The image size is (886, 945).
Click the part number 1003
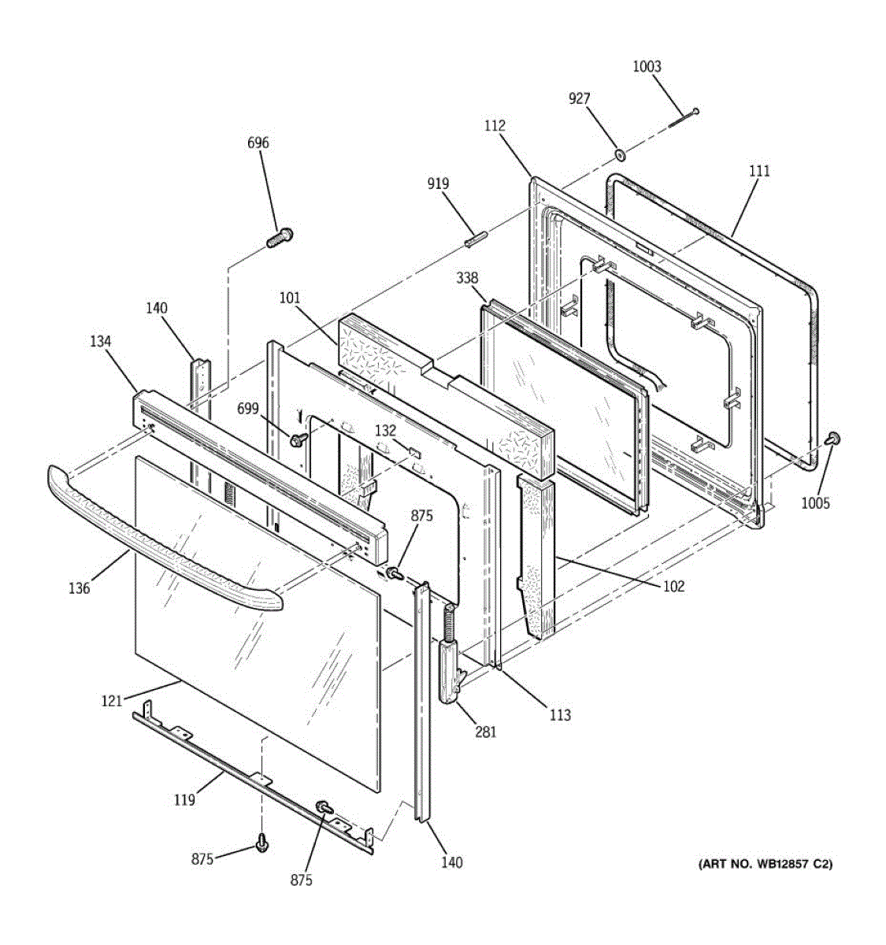pyautogui.click(x=647, y=67)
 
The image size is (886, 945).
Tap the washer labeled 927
pyautogui.click(x=620, y=154)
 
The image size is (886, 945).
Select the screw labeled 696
pyautogui.click(x=280, y=237)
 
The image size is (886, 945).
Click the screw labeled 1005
pyautogui.click(x=833, y=438)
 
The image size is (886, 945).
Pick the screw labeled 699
pyautogui.click(x=298, y=439)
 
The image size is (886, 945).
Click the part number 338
pyautogui.click(x=467, y=278)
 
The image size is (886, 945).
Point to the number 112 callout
pyautogui.click(x=495, y=126)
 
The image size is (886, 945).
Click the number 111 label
pyautogui.click(x=759, y=171)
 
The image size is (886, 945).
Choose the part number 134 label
pyautogui.click(x=101, y=341)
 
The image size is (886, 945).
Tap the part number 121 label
pyautogui.click(x=112, y=701)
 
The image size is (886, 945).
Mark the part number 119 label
pyautogui.click(x=184, y=800)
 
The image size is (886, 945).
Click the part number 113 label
pyautogui.click(x=560, y=715)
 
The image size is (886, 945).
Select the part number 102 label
pyautogui.click(x=673, y=586)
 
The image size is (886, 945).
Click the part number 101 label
pyautogui.click(x=290, y=298)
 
